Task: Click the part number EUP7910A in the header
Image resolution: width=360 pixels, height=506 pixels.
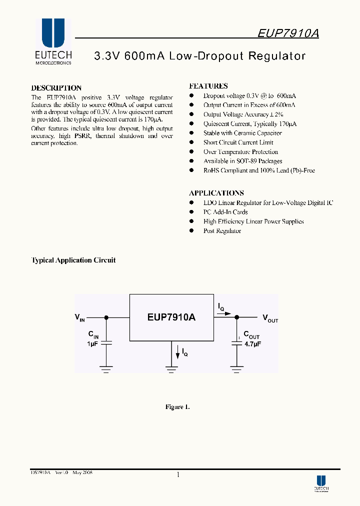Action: (288, 33)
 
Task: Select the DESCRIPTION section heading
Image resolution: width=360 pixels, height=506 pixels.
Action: (56, 88)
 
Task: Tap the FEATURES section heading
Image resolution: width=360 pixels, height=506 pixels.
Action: (208, 86)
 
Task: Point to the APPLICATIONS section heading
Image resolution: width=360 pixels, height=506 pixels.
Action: (216, 193)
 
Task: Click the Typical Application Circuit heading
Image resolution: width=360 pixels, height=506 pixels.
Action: (73, 260)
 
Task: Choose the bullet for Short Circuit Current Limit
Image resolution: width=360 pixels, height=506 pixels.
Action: (191, 142)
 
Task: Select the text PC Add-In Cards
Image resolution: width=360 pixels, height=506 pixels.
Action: (225, 212)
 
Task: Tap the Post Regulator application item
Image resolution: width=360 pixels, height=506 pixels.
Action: (222, 231)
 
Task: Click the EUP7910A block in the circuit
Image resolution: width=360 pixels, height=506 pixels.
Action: (171, 317)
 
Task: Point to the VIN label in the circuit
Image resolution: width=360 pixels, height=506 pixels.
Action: (79, 317)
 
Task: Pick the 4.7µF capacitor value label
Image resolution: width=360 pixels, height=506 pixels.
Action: (252, 344)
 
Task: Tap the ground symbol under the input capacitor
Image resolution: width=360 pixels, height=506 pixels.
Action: (106, 370)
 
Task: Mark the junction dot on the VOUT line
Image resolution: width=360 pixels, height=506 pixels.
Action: (237, 317)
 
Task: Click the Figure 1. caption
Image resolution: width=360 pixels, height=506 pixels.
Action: (177, 407)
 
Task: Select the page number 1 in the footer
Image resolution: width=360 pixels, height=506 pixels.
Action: (178, 474)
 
